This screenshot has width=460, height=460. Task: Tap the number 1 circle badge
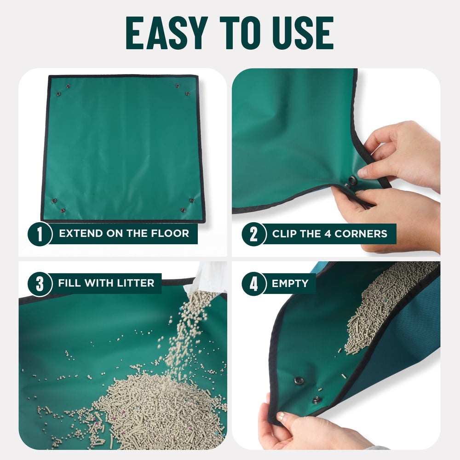[40, 234]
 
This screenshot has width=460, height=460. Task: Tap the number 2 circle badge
[253, 234]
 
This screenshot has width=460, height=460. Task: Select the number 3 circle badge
[40, 283]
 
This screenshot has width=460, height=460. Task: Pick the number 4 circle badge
[253, 283]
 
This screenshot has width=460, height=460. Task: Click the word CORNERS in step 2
[361, 234]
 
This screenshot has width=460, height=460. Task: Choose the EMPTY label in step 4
[290, 283]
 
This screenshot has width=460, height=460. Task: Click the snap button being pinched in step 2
[352, 180]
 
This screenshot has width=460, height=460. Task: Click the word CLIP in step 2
[284, 234]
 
